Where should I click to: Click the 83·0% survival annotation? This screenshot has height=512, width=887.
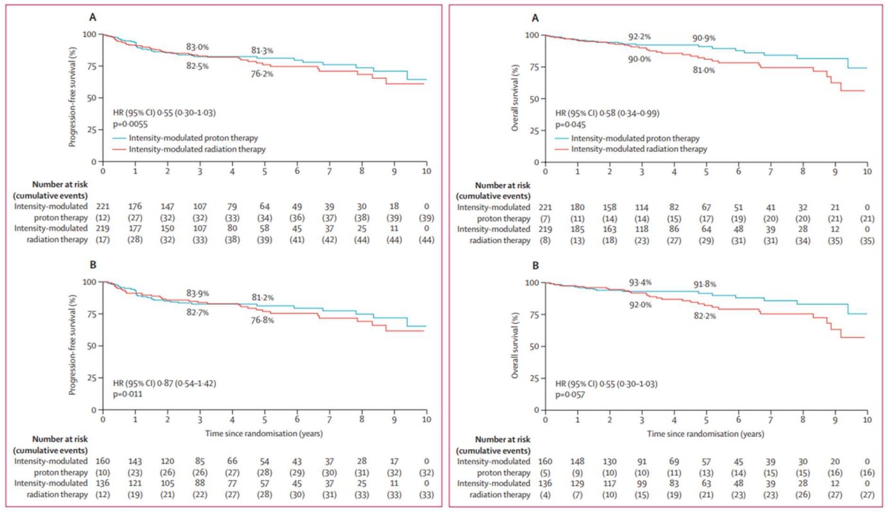click(x=197, y=47)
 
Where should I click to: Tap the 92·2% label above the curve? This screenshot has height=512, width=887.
click(x=639, y=37)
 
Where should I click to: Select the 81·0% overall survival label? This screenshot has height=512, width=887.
click(x=703, y=71)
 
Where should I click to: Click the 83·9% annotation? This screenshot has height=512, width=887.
click(x=197, y=294)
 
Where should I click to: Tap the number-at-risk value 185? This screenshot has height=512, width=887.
click(x=578, y=228)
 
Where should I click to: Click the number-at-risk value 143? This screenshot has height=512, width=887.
click(x=135, y=461)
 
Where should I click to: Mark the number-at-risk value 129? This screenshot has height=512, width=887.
click(x=578, y=483)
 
